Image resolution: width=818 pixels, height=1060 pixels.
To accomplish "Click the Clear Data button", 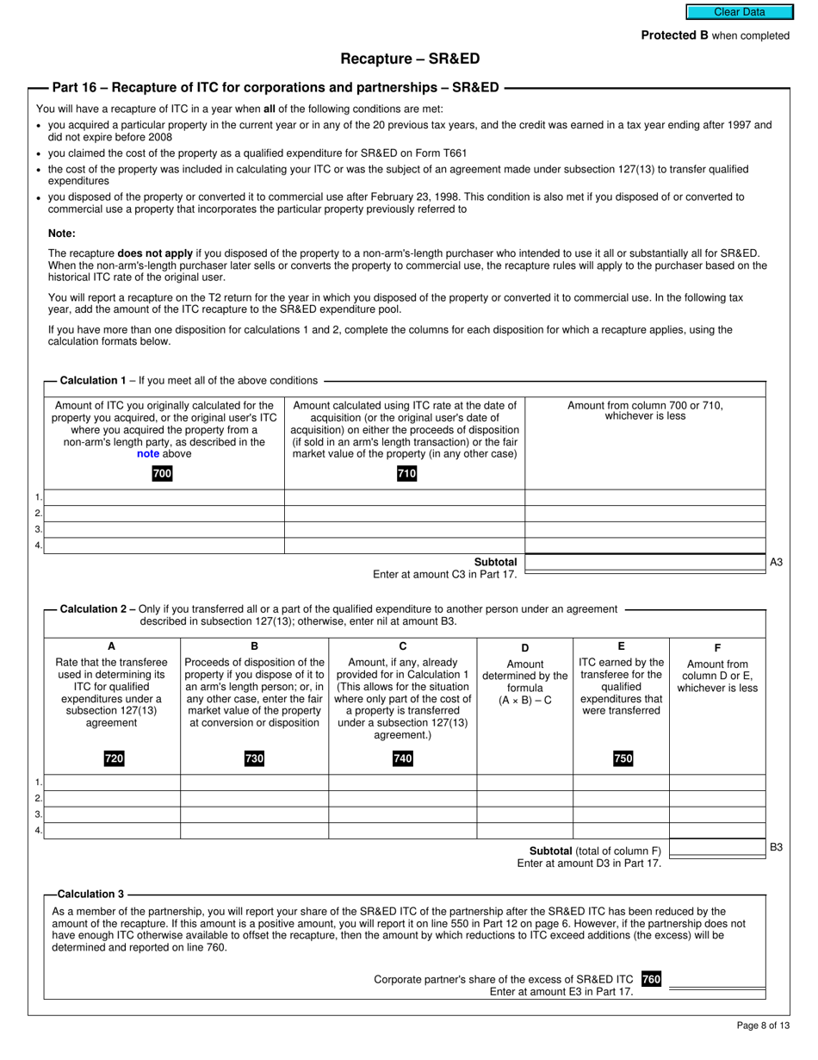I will pos(739,12).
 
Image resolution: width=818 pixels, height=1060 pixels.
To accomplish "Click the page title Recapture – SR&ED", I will pos(410,59).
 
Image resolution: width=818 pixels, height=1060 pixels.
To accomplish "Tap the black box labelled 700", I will pos(162,473).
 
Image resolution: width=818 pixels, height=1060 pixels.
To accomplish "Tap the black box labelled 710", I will pos(406,473).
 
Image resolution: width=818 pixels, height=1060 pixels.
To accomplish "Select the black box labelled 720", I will pos(114,758).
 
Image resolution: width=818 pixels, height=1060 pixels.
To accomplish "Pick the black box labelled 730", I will pos(254,758).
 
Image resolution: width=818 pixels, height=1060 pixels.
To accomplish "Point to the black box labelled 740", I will pos(402,758).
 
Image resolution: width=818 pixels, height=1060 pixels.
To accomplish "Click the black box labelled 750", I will pos(623,758).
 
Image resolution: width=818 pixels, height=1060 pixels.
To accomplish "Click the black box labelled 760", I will pos(651,979).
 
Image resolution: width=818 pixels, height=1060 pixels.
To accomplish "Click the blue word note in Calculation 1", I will pos(148,453).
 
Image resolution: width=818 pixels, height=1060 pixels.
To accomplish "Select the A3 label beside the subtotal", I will pos(776,562).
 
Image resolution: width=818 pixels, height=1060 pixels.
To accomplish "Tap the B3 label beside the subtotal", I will pos(776,847).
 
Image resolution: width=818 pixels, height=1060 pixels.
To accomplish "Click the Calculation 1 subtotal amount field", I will pos(645,563).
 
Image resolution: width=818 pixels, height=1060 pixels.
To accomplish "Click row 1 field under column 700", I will pos(164,497).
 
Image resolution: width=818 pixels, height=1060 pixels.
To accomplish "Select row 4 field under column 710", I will pos(405,546).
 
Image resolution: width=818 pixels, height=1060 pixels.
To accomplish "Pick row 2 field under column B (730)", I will pos(254,799).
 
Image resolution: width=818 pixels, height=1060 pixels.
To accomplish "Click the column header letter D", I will pos(525,647).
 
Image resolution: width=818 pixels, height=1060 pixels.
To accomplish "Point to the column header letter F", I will pos(717,647).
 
